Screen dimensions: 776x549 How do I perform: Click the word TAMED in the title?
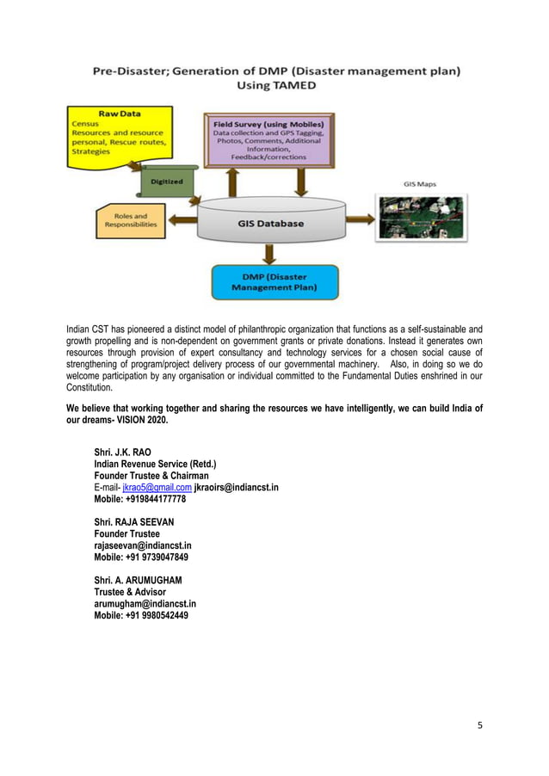[295, 87]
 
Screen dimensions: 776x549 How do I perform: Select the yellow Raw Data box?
[120, 132]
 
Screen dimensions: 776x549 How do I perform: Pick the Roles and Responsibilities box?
[130, 221]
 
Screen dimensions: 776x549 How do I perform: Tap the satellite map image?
[420, 219]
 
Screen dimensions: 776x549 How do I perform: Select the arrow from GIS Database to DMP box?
[270, 254]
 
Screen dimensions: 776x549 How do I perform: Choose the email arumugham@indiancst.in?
[145, 604]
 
